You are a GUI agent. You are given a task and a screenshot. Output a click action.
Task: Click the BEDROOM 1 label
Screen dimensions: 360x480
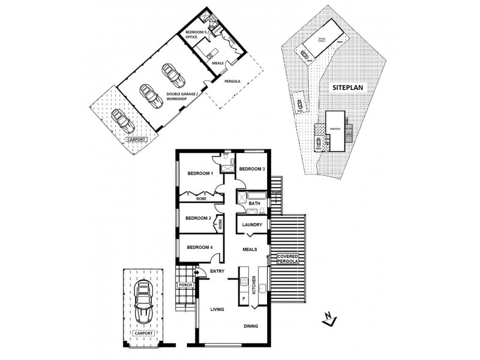[200, 173]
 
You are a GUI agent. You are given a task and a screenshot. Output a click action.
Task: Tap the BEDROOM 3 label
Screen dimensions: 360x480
[252, 169]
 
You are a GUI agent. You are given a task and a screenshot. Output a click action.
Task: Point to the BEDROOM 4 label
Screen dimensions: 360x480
[199, 247]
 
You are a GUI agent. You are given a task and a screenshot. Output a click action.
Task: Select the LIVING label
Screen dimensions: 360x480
[217, 310]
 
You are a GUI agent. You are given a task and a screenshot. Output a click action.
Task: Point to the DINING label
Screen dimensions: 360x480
[251, 327]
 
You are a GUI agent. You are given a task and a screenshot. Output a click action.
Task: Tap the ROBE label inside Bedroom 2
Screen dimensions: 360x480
[221, 224]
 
